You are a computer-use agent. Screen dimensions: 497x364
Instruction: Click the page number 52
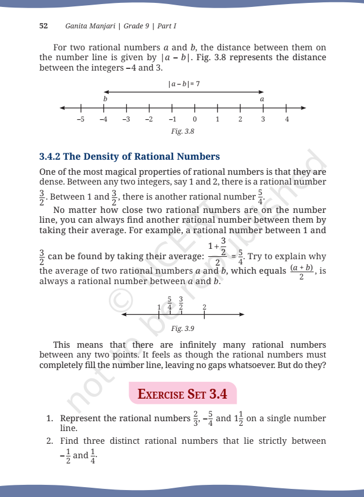[43, 27]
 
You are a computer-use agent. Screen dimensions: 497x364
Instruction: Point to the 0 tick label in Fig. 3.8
[194, 119]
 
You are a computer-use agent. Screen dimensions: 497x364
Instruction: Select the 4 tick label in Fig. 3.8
[286, 119]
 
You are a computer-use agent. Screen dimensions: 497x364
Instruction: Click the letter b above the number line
[105, 99]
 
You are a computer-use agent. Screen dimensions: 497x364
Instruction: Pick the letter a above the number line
[262, 99]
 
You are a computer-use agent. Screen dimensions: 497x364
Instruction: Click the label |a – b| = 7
[183, 83]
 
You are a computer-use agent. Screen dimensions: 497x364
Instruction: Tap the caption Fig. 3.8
[183, 131]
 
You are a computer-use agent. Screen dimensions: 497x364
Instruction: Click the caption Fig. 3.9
[183, 329]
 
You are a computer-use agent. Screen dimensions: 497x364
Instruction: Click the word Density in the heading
[105, 157]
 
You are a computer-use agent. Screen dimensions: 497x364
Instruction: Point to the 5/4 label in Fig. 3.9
[170, 303]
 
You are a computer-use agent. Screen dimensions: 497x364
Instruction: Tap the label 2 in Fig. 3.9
[204, 307]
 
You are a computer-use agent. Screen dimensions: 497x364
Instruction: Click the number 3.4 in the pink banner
[216, 395]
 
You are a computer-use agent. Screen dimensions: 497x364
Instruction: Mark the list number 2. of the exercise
[50, 441]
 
